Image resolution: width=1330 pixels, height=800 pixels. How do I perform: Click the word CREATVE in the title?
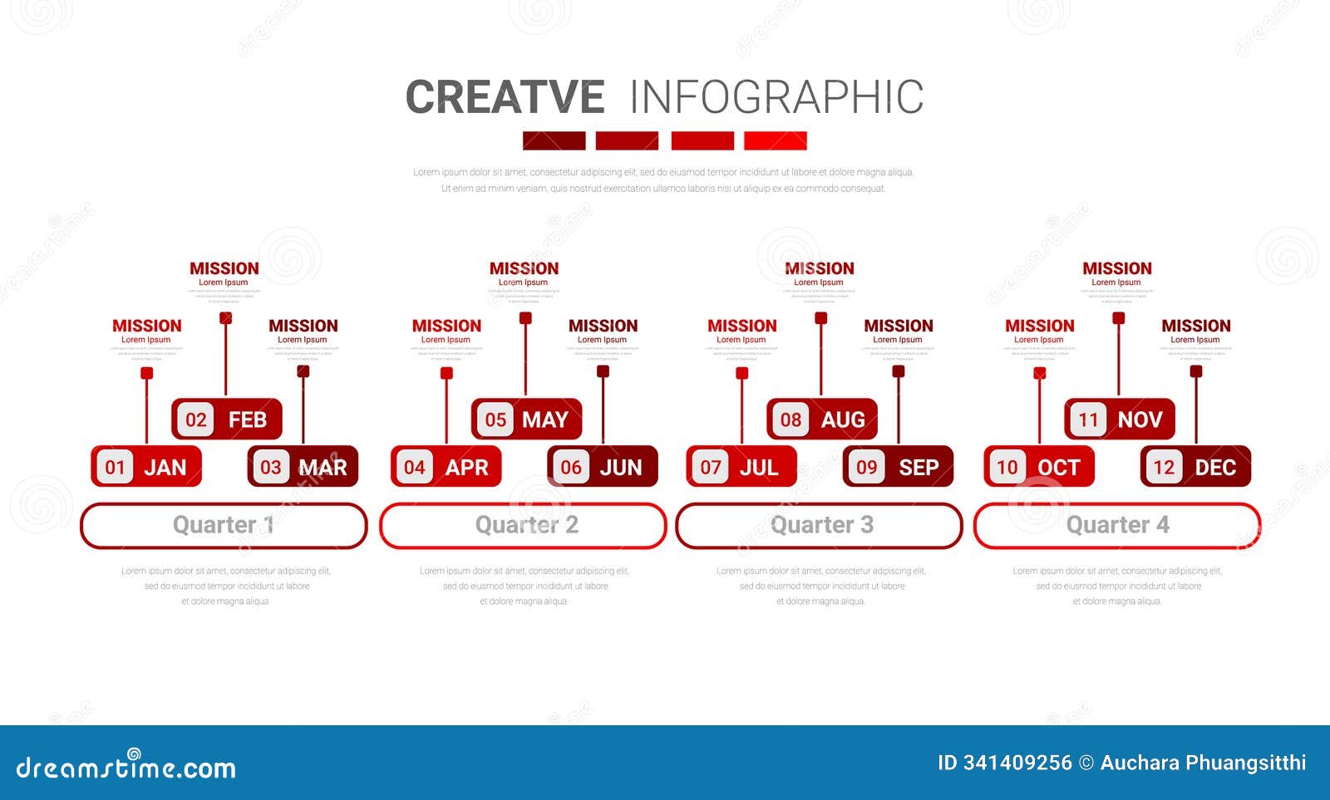505,97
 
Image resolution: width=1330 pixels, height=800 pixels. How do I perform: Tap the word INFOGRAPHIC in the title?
776,97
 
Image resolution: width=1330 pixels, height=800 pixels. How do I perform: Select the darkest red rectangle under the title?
554,140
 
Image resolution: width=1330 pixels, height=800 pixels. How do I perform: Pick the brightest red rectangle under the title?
775,140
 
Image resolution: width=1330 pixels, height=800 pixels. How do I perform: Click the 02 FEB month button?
227,420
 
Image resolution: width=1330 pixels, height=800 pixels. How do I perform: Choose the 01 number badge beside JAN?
115,467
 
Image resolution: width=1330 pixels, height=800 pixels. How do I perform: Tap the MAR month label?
323,468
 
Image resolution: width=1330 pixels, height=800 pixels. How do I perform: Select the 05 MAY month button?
526,420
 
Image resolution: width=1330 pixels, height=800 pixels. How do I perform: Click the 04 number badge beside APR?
414,467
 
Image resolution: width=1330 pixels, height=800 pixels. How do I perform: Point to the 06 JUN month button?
602,467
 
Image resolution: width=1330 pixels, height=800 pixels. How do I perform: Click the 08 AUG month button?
821,420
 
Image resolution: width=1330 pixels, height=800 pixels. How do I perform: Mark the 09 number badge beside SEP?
866,467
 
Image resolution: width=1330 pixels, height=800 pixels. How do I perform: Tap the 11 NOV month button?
1119,420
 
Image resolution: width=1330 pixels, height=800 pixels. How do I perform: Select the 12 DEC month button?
1195,467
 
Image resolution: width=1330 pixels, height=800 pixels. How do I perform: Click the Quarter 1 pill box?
224,526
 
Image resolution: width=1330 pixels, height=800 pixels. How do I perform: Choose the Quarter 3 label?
821,525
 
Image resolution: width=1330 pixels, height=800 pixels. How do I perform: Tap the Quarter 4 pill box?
1117,526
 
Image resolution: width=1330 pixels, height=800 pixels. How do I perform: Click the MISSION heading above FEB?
224,268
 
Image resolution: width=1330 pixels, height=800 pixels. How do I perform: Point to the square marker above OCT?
1039,373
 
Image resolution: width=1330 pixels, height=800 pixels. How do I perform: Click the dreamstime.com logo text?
126,767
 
